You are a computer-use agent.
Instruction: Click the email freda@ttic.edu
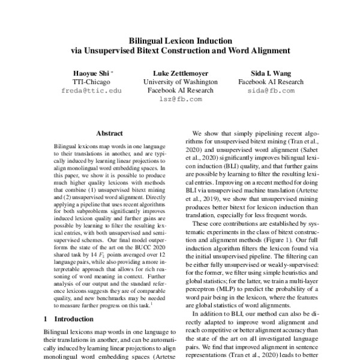tap(88, 91)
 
